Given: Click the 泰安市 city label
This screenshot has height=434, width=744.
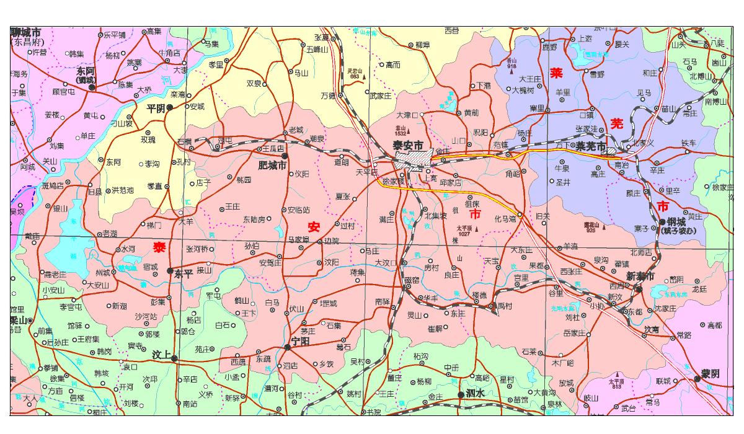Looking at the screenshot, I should pyautogui.click(x=409, y=145).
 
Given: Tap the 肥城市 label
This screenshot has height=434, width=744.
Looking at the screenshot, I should pyautogui.click(x=272, y=166).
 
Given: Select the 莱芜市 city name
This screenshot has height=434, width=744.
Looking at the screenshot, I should pyautogui.click(x=590, y=146).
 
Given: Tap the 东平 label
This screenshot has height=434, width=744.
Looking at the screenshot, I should pyautogui.click(x=184, y=273).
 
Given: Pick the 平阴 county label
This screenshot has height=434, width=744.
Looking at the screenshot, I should pyautogui.click(x=156, y=107).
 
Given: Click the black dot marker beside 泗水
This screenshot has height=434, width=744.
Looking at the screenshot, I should pyautogui.click(x=460, y=394).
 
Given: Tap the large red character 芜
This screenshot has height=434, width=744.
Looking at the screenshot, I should pyautogui.click(x=616, y=123).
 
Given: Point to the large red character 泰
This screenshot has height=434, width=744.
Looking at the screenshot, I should pyautogui.click(x=160, y=247).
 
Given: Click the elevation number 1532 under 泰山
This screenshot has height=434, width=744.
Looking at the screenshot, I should pyautogui.click(x=400, y=133).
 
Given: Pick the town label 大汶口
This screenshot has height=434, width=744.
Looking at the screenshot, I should pyautogui.click(x=385, y=263).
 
